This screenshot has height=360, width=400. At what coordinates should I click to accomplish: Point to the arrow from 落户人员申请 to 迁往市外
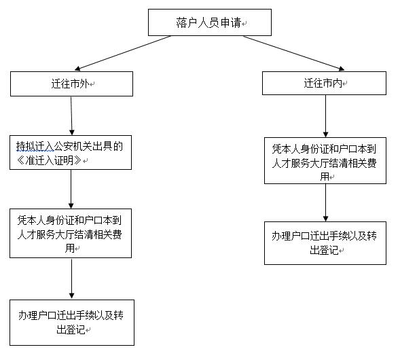tap(123, 53)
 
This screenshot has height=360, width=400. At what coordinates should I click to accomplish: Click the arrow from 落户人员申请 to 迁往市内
tap(294, 53)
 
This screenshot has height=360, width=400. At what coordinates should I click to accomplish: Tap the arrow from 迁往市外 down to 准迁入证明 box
tap(71, 116)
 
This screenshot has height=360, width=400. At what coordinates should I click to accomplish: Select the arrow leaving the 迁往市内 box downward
tap(325, 116)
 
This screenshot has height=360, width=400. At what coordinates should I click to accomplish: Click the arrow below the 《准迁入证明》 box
tap(71, 189)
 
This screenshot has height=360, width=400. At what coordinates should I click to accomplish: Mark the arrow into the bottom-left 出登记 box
tap(72, 279)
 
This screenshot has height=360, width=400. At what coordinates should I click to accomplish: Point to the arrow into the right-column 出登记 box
tap(325, 202)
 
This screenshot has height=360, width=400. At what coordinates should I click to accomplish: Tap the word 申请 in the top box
tap(231, 22)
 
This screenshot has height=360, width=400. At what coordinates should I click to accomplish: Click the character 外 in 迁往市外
tap(84, 84)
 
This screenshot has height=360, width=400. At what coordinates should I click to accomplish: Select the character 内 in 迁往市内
tap(337, 83)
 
